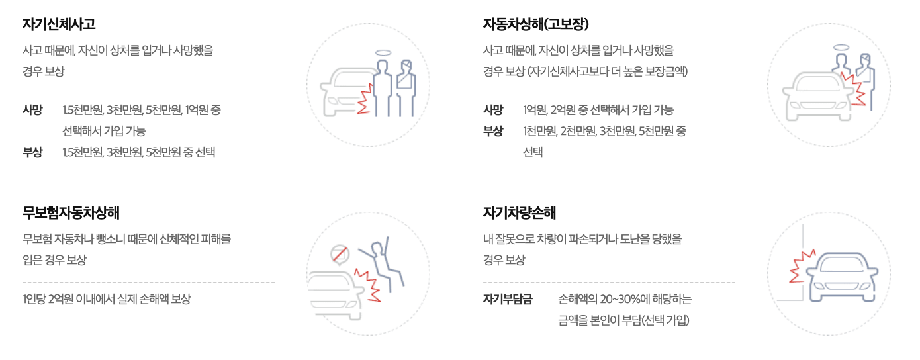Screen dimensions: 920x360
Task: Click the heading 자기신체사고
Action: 59,24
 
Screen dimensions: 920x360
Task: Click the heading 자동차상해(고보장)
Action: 536,24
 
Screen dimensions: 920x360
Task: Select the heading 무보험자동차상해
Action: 71,213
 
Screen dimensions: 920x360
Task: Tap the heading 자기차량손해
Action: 520,213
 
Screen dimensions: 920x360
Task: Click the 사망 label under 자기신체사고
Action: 32,110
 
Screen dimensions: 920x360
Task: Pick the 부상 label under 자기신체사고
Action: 32,152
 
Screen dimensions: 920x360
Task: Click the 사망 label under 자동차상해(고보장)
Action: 493,110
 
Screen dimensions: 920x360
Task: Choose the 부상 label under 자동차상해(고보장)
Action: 493,131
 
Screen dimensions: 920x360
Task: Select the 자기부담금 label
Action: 508,299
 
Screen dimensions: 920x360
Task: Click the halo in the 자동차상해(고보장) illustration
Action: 841,47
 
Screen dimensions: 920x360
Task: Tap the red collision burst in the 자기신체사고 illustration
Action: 365,101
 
